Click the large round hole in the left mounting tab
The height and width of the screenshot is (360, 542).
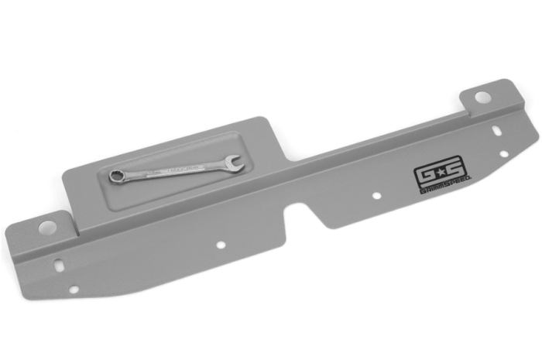click(47, 228)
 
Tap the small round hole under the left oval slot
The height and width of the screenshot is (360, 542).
click(74, 290)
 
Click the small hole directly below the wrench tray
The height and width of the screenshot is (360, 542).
click(221, 245)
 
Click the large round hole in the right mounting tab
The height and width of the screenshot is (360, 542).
click(482, 98)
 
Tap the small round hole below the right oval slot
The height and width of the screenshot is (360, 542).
click(504, 153)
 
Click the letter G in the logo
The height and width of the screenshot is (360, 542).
click(424, 173)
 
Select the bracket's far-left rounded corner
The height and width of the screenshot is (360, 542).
click(9, 232)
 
